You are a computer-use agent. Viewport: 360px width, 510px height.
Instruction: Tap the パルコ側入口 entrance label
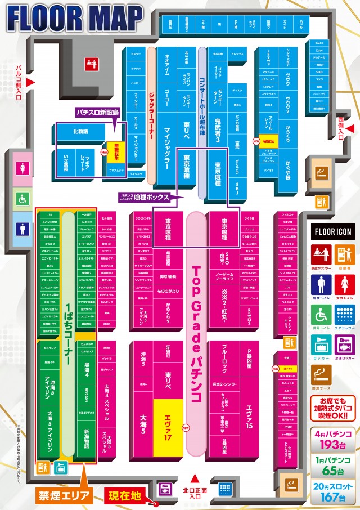point(17,81)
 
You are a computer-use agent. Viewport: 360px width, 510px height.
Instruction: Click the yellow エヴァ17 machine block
point(167,419)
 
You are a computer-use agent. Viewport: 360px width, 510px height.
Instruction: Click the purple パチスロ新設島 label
point(98,113)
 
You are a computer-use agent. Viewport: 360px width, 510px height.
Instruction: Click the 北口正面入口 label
point(195,493)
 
